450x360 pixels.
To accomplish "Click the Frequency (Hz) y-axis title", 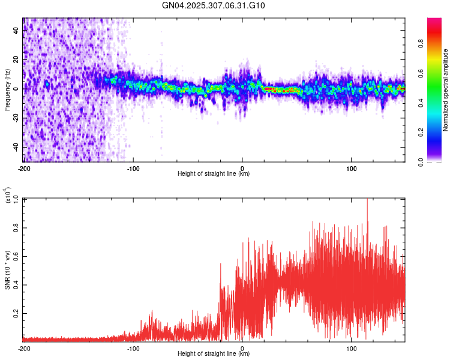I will click(7, 89).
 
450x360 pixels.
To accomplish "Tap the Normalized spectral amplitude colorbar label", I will click(446, 89).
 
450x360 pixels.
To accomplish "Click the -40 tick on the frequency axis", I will click(16, 147).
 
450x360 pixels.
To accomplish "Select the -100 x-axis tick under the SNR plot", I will click(133, 349).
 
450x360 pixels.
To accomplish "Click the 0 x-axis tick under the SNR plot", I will click(242, 349).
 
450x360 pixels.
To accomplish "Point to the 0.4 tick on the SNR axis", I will click(16, 284).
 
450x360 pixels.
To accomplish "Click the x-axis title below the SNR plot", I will click(214, 355).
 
